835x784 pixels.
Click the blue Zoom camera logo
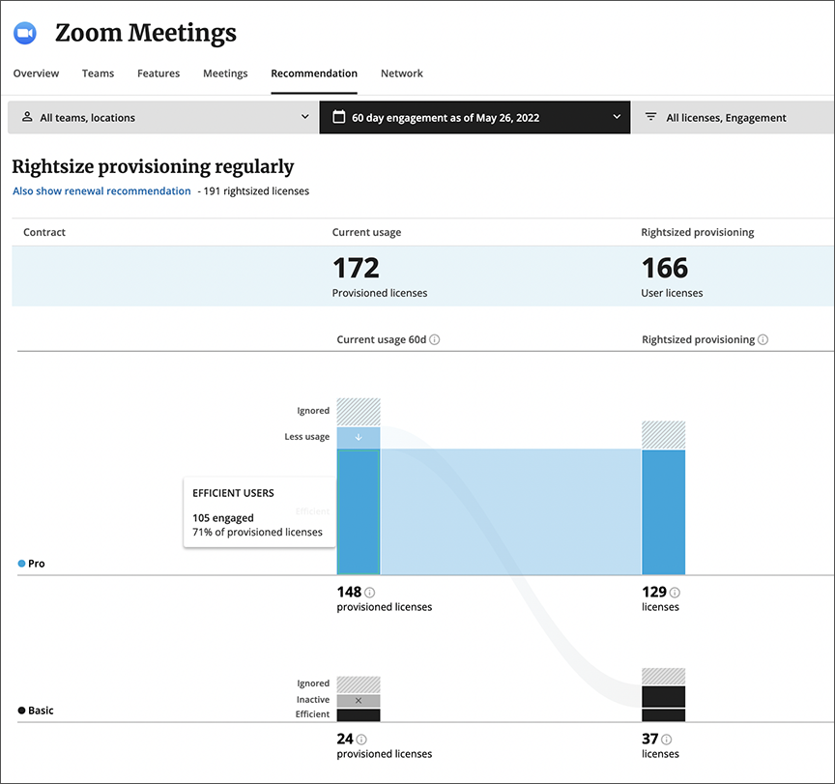pyautogui.click(x=24, y=33)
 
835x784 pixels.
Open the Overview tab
pyautogui.click(x=36, y=73)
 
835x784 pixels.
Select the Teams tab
pyautogui.click(x=98, y=73)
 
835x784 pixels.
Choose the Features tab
pyautogui.click(x=158, y=73)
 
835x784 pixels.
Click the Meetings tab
pyautogui.click(x=225, y=73)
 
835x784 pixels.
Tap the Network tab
pyautogui.click(x=401, y=73)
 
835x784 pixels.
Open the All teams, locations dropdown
pyautogui.click(x=163, y=118)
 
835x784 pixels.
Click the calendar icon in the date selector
pyautogui.click(x=338, y=117)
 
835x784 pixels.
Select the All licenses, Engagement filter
pyautogui.click(x=725, y=118)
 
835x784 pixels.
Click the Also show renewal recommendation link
pyautogui.click(x=101, y=191)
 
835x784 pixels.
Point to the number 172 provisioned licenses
pyautogui.click(x=356, y=268)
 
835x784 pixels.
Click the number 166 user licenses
pyautogui.click(x=665, y=268)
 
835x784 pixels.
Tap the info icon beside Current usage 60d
pyautogui.click(x=435, y=340)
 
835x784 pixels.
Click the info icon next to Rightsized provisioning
pyautogui.click(x=763, y=340)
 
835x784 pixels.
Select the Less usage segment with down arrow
pyautogui.click(x=359, y=437)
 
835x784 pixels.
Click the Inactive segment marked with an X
pyautogui.click(x=359, y=700)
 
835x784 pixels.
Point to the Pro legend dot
pyautogui.click(x=21, y=564)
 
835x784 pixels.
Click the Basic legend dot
pyautogui.click(x=21, y=711)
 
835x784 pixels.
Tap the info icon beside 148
pyautogui.click(x=370, y=593)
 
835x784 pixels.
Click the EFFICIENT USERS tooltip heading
pyautogui.click(x=233, y=493)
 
